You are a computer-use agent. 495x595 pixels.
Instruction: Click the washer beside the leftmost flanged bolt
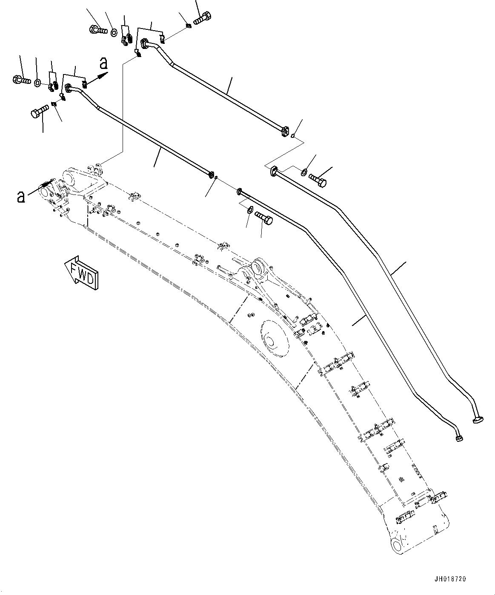click(x=38, y=81)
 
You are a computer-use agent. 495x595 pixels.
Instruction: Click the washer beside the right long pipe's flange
click(x=303, y=172)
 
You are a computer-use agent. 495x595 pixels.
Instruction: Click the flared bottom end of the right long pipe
click(x=478, y=420)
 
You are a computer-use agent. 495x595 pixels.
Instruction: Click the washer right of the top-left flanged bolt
click(x=114, y=32)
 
